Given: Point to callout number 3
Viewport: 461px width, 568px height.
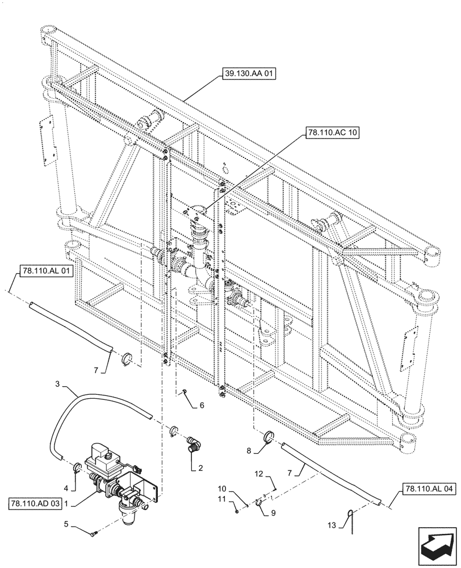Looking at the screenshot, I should pyautogui.click(x=60, y=386).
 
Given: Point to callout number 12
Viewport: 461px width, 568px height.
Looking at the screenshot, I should pyautogui.click(x=258, y=473).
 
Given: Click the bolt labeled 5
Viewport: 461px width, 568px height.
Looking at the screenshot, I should pyautogui.click(x=94, y=533).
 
